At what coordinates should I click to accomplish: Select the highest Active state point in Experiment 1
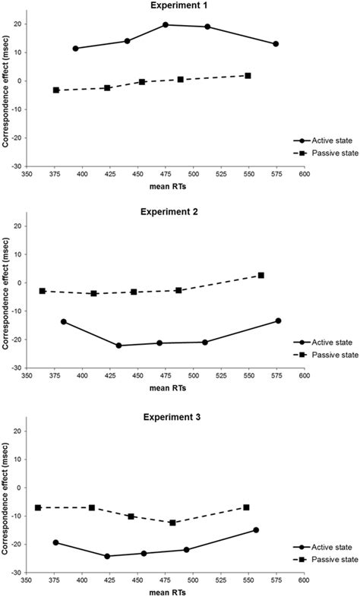pos(166,25)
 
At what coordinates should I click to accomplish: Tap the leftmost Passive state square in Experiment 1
pos(56,90)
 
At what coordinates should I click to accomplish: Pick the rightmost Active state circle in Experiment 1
pos(276,44)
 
